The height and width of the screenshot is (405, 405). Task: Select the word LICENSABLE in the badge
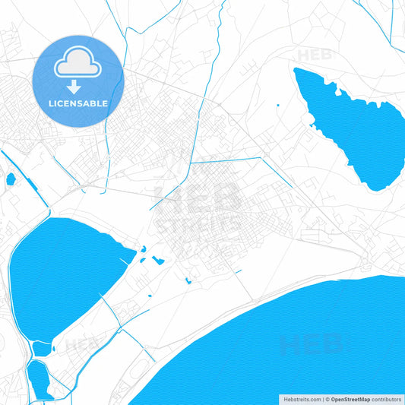coord(78,103)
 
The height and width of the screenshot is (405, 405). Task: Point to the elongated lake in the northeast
coord(353,125)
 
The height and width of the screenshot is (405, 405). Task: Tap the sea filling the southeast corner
coord(304,350)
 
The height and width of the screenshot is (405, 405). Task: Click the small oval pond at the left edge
coord(11,179)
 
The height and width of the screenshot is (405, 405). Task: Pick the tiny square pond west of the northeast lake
coord(278,105)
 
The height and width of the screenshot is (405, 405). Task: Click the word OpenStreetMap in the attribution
coord(350,399)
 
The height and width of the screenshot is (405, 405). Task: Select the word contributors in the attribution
coord(385,399)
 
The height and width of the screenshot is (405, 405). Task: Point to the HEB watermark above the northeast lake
coord(313,55)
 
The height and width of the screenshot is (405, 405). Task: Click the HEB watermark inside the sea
coord(312,346)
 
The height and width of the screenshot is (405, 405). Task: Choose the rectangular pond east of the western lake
coord(158,261)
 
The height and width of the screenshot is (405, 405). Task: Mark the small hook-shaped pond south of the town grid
coord(188,280)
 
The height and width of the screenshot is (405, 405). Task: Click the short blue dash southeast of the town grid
coord(238,271)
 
